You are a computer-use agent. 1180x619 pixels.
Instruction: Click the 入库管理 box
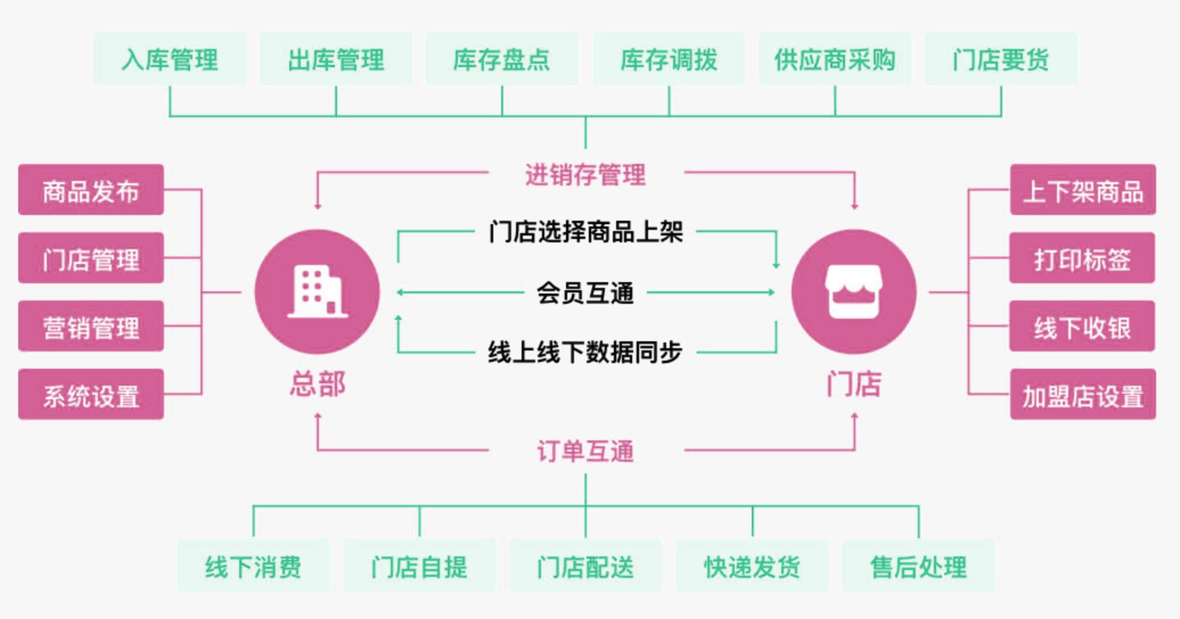(170, 59)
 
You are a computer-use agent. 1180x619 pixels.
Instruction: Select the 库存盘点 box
(502, 59)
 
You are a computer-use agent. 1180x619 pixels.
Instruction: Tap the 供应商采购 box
(835, 59)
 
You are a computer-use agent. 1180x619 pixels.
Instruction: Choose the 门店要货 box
(1001, 59)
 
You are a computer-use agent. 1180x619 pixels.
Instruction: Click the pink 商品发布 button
(91, 190)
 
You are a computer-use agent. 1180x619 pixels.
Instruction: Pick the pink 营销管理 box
(91, 327)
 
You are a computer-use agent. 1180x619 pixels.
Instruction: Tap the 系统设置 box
(91, 395)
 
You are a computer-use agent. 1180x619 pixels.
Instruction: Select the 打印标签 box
(1082, 258)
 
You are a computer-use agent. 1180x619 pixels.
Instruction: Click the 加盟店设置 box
(1083, 395)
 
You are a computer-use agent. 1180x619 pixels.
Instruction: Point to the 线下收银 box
(1082, 327)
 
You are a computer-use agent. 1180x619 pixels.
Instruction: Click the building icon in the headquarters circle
(317, 291)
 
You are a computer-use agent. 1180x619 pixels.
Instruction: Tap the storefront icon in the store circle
(853, 291)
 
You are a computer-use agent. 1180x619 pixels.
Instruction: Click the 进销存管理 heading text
(585, 174)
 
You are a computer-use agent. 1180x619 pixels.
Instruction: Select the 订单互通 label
(585, 451)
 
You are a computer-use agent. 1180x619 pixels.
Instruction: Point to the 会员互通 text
(585, 293)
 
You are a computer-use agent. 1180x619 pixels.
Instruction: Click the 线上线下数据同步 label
(585, 352)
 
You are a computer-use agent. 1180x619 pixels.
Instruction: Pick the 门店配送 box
(585, 567)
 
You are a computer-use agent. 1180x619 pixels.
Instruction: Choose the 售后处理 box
(919, 567)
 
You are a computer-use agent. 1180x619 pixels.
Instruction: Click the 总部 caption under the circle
(317, 383)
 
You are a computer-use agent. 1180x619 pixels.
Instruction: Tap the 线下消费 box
(253, 567)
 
